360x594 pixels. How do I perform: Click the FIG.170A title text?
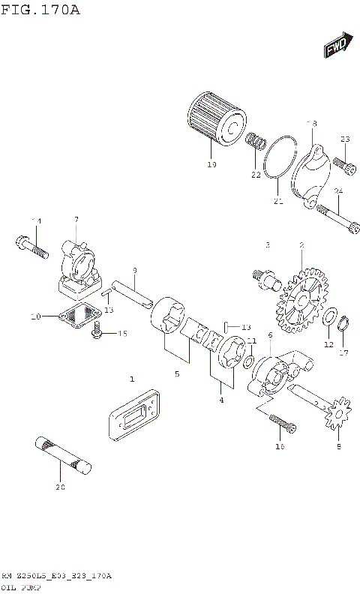pos(41,10)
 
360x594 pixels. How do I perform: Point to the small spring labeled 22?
pos(257,142)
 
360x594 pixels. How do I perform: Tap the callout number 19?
pos(211,164)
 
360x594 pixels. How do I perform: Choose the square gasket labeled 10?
pos(79,316)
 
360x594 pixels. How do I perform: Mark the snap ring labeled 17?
pos(343,324)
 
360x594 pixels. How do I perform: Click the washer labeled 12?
pos(328,320)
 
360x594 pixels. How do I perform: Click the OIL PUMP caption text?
pos(21,587)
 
